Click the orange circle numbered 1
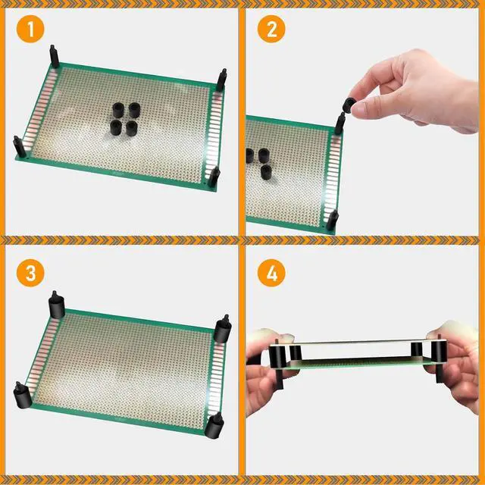(30, 29)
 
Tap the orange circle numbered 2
(271, 29)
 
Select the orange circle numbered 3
(30, 273)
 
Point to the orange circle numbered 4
(271, 273)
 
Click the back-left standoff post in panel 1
(54, 56)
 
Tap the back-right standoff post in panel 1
(221, 80)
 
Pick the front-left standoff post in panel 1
(20, 146)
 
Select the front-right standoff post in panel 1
(214, 177)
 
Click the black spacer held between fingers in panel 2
(349, 105)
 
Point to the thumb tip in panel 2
(358, 109)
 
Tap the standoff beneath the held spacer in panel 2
(340, 124)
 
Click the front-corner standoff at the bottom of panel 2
(332, 220)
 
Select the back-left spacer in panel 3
(57, 305)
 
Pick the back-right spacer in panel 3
(223, 329)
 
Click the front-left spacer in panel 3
(22, 395)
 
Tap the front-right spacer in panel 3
(214, 424)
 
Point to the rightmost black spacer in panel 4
(439, 351)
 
